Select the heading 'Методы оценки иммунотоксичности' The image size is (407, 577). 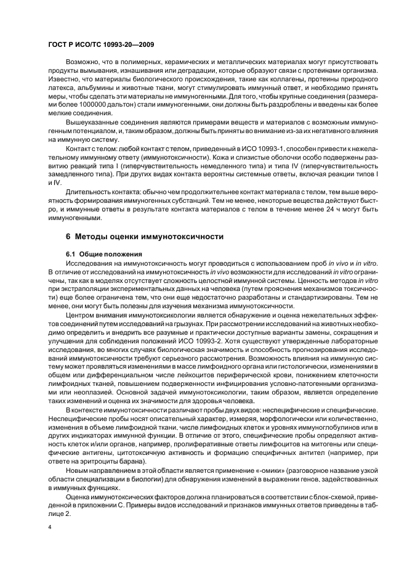tap(151, 237)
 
